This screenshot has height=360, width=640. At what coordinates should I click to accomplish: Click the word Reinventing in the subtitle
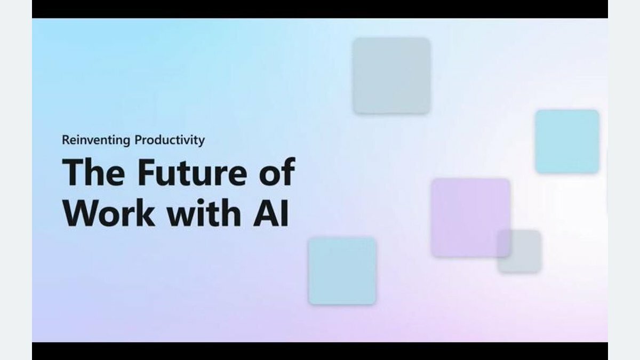[96, 140]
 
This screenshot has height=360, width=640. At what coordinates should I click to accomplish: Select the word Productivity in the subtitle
[170, 140]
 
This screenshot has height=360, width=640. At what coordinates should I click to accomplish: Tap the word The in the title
[93, 172]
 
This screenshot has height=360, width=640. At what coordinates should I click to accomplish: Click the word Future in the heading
[192, 172]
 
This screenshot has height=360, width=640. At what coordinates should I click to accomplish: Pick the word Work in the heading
[109, 213]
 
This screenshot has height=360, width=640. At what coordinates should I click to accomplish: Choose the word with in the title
[204, 212]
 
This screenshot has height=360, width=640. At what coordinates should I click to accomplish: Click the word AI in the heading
[271, 213]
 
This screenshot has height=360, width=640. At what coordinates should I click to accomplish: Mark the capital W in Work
[83, 213]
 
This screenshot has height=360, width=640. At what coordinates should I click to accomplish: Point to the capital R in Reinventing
[66, 140]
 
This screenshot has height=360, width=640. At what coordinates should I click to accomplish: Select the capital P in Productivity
[139, 140]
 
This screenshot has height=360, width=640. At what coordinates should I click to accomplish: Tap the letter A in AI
[266, 213]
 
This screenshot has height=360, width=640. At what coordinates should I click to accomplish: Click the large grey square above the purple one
[391, 76]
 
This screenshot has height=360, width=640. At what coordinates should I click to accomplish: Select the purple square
[470, 218]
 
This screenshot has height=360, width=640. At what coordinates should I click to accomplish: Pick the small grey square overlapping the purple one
[519, 251]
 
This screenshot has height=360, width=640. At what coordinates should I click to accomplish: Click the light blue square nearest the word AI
[342, 271]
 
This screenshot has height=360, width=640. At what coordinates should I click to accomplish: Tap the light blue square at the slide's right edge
[567, 142]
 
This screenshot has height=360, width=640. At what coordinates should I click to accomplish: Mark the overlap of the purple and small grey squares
[504, 243]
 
